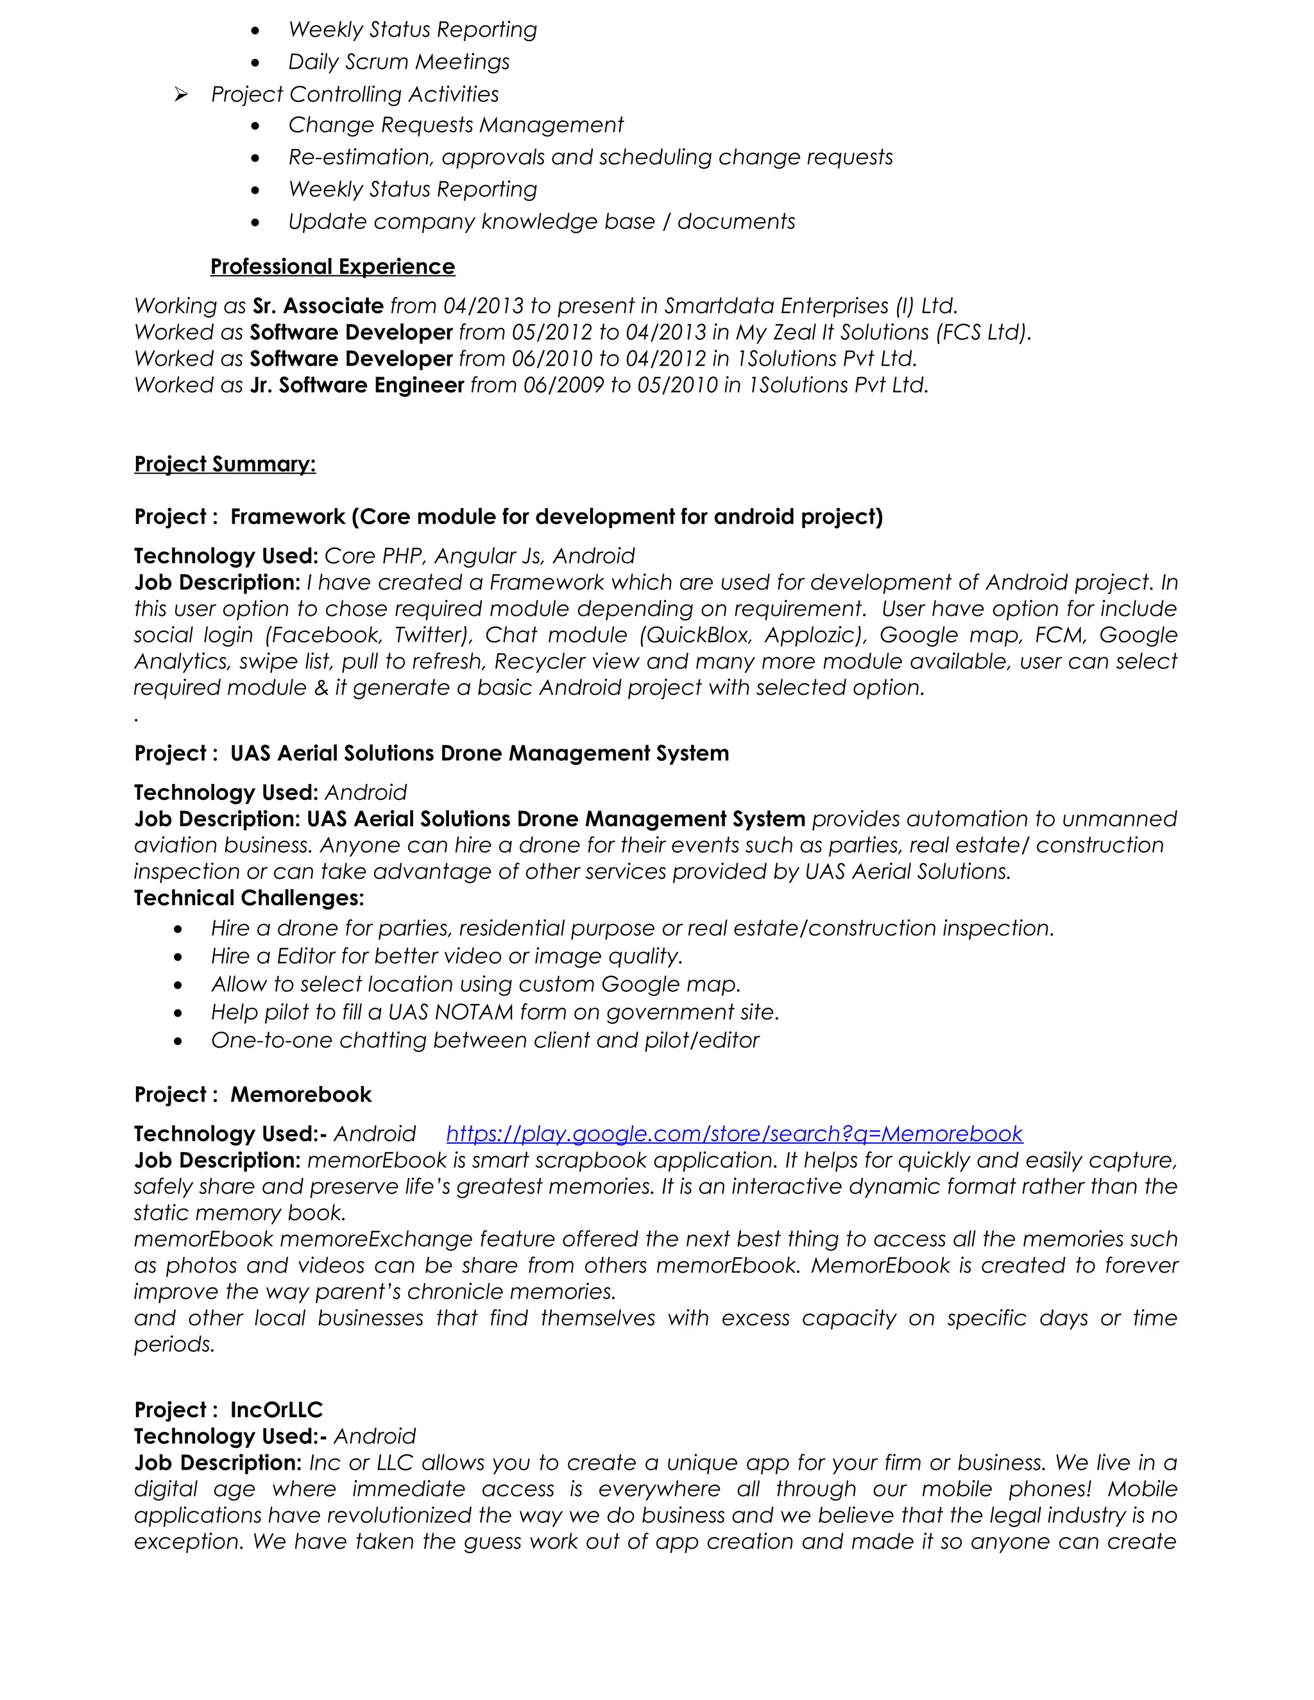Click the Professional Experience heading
point(332,267)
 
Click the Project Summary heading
point(225,464)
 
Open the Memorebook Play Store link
point(733,1134)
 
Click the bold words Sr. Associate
point(318,306)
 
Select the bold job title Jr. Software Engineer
point(357,386)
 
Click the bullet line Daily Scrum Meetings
point(398,62)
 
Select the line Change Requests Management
point(456,125)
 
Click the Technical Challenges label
point(249,898)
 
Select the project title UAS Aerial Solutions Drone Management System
point(479,754)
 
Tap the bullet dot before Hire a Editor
point(178,957)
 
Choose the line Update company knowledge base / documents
point(541,222)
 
